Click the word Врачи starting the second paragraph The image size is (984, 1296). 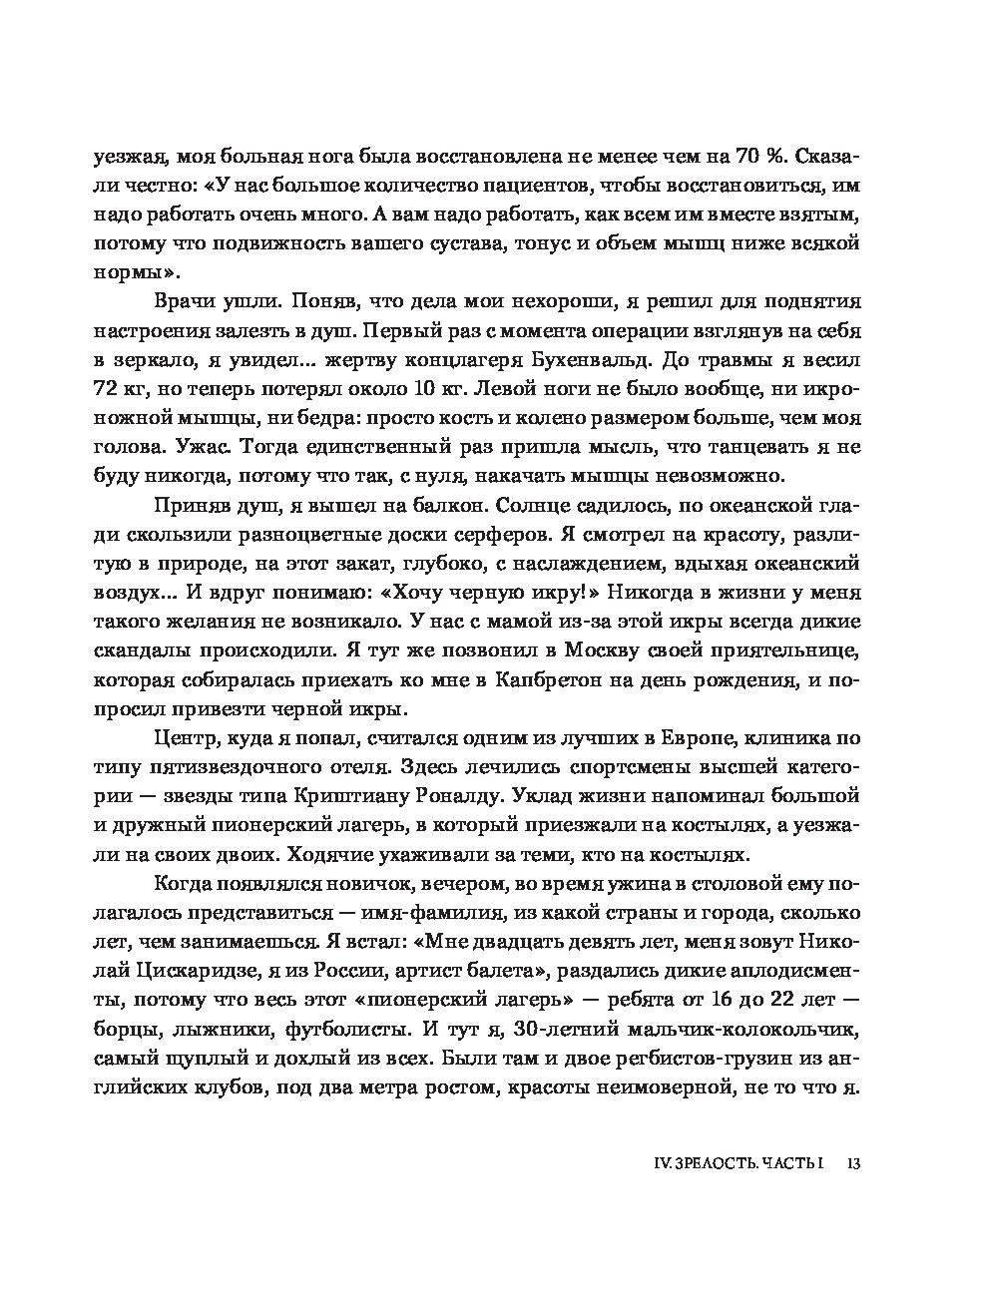tap(182, 300)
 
